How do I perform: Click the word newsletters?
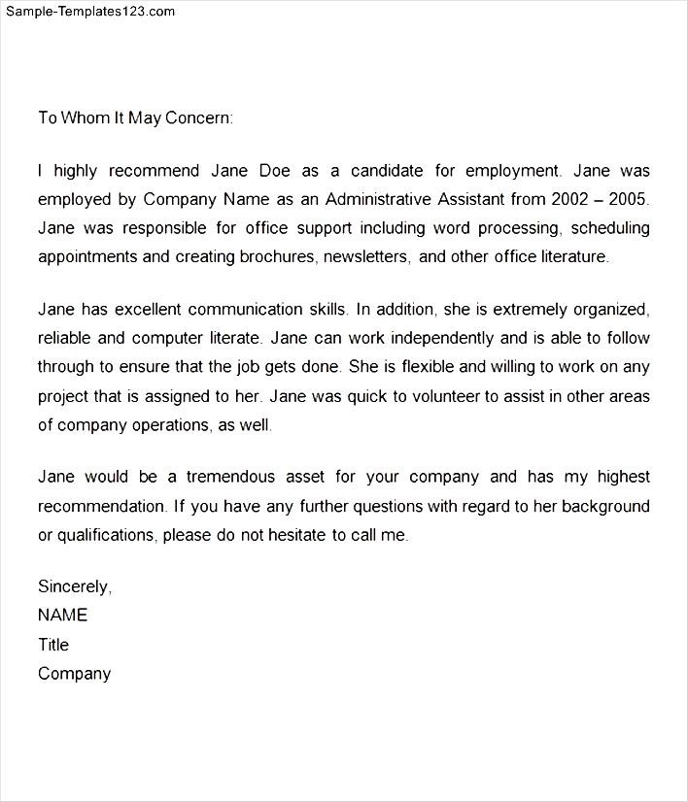[x=366, y=257]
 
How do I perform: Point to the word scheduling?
[x=610, y=229]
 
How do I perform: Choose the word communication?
[x=248, y=310]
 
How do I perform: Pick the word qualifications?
[x=106, y=535]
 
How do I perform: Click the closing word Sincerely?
[x=75, y=586]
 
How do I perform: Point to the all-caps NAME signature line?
[x=62, y=615]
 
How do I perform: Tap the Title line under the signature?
[x=53, y=644]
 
